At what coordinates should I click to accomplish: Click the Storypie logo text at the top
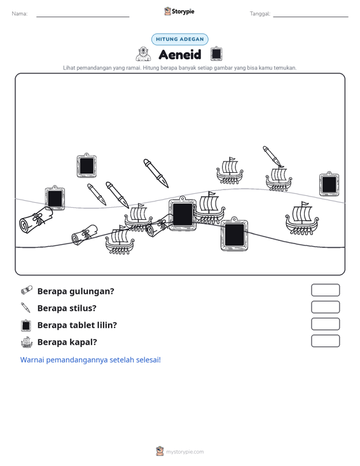coord(183,11)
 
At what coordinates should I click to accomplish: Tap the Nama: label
coord(20,14)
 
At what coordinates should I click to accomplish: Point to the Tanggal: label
coord(260,14)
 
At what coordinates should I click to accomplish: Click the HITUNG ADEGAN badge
coord(180,39)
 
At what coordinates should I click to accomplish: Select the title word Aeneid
coord(180,55)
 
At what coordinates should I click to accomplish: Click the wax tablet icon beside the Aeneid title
coord(216,54)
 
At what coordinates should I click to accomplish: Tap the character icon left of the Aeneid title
coord(143,54)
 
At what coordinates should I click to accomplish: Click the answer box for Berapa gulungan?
coord(325,290)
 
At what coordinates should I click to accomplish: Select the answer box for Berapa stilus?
coord(325,307)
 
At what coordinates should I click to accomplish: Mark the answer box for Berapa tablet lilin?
coord(325,324)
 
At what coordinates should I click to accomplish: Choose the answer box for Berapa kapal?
coord(325,341)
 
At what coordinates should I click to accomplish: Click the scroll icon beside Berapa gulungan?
coord(27,291)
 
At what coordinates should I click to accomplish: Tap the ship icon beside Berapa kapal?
coord(27,342)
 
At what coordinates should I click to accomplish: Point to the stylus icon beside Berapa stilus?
coord(26,308)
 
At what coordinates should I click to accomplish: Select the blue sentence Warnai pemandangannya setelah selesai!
coord(90,360)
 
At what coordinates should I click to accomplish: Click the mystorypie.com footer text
coord(185,452)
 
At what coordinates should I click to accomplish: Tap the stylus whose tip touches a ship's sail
coord(273,156)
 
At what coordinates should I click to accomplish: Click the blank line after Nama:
coord(83,17)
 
